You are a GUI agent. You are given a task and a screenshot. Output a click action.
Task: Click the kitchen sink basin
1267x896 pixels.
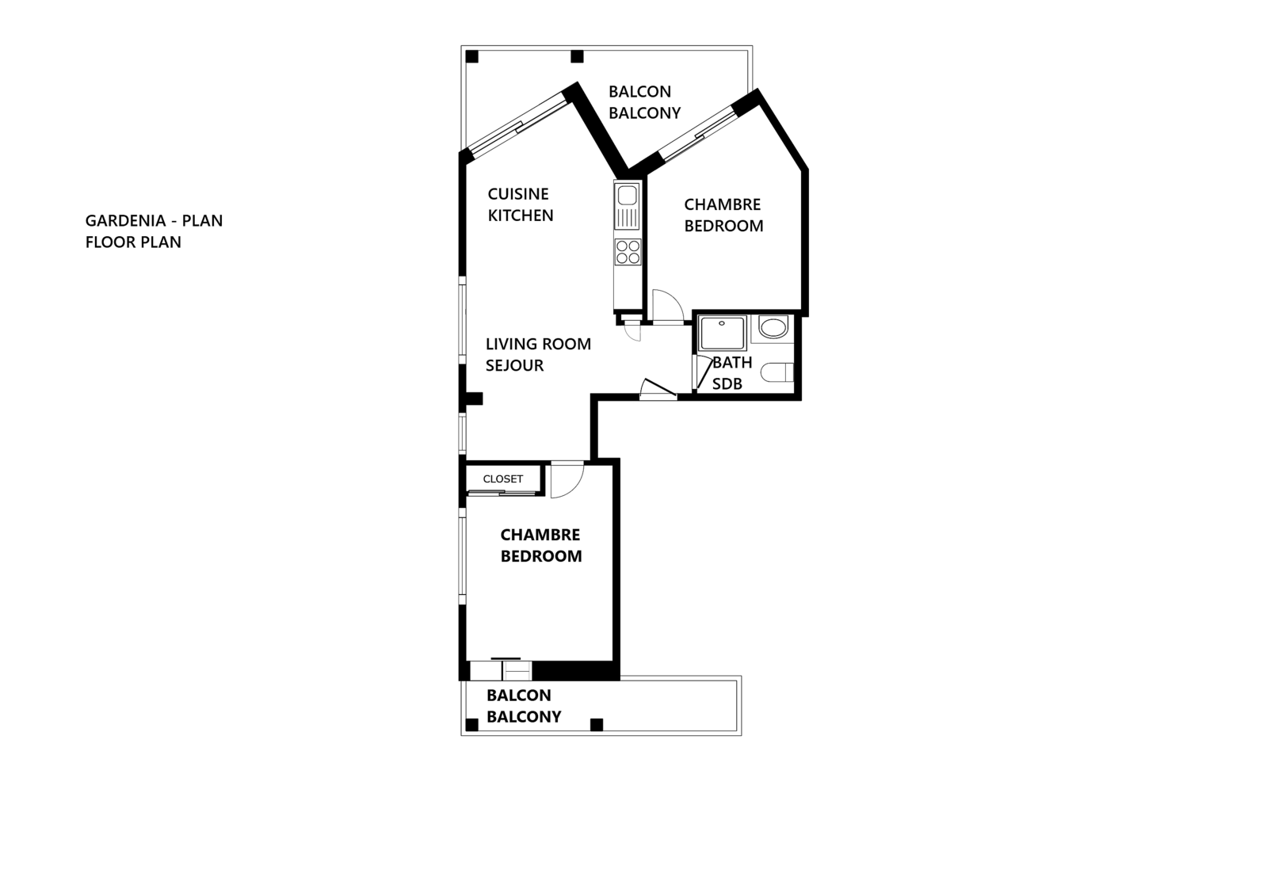[627, 195]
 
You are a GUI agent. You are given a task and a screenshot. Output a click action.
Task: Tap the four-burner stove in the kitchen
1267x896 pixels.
[628, 252]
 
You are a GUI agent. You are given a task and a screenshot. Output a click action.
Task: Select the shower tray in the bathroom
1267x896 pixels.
[723, 334]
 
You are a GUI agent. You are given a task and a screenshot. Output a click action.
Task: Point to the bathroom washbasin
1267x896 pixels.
[773, 327]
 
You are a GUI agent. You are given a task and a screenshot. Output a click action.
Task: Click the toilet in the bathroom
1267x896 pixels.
[777, 373]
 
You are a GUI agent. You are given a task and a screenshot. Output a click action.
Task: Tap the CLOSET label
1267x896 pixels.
[503, 479]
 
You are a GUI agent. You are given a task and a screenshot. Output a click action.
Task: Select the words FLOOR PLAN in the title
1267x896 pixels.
[133, 242]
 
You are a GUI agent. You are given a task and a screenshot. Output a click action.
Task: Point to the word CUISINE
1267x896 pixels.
[518, 194]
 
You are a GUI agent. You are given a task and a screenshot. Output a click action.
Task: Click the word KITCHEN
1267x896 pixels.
[521, 215]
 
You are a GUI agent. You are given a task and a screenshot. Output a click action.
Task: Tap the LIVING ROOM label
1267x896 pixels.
[539, 344]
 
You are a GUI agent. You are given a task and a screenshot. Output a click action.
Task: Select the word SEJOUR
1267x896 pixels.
[515, 365]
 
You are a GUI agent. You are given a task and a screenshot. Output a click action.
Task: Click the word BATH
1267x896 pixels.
[732, 363]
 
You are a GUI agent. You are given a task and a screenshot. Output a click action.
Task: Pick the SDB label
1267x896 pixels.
[727, 384]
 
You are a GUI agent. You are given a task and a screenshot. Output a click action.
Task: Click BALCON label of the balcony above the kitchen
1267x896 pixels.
[639, 92]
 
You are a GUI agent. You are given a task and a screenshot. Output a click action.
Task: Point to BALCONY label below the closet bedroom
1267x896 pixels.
[524, 717]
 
